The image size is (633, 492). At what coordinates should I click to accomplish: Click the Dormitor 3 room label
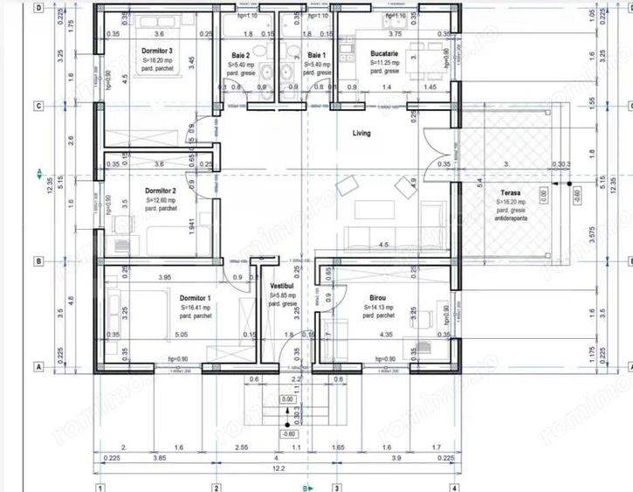(x=157, y=52)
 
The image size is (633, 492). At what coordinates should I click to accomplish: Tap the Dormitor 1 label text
(x=196, y=298)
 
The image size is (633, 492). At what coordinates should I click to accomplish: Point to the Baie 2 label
(x=240, y=55)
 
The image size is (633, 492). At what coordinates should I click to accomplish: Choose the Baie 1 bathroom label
(x=316, y=55)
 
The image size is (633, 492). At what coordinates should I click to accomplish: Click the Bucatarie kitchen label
(x=383, y=53)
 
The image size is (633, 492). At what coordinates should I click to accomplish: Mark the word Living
(x=361, y=134)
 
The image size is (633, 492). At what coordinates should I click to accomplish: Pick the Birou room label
(x=377, y=298)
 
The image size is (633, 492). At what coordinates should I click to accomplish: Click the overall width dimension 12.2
(x=277, y=469)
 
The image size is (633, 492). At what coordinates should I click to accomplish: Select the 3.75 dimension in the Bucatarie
(x=394, y=34)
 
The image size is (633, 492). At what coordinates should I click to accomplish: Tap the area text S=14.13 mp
(x=377, y=308)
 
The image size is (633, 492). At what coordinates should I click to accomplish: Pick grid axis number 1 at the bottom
(x=101, y=488)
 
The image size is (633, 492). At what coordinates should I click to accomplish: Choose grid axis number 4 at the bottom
(x=454, y=488)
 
